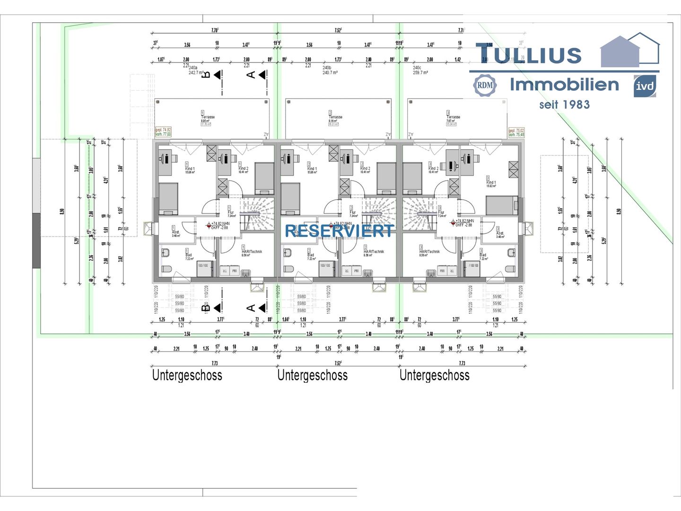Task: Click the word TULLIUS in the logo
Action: pyautogui.click(x=528, y=54)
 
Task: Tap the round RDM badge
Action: pyautogui.click(x=485, y=86)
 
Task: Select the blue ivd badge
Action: pyautogui.click(x=645, y=86)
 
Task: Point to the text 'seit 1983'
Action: pyautogui.click(x=564, y=105)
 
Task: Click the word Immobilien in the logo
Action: pyautogui.click(x=564, y=85)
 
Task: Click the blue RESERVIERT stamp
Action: pyautogui.click(x=339, y=231)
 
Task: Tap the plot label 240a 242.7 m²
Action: pyautogui.click(x=196, y=70)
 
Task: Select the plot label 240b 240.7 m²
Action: pyautogui.click(x=330, y=70)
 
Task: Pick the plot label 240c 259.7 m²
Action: pyautogui.click(x=420, y=70)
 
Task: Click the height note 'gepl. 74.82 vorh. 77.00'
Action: pyautogui.click(x=163, y=132)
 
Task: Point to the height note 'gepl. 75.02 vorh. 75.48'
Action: pyautogui.click(x=516, y=132)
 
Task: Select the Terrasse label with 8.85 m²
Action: pyautogui.click(x=207, y=119)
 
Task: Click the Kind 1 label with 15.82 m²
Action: pyautogui.click(x=491, y=183)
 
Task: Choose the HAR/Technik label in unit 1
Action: pyautogui.click(x=251, y=253)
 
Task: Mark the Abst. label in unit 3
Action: pyautogui.click(x=500, y=234)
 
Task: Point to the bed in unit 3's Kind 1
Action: pyautogui.click(x=502, y=205)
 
